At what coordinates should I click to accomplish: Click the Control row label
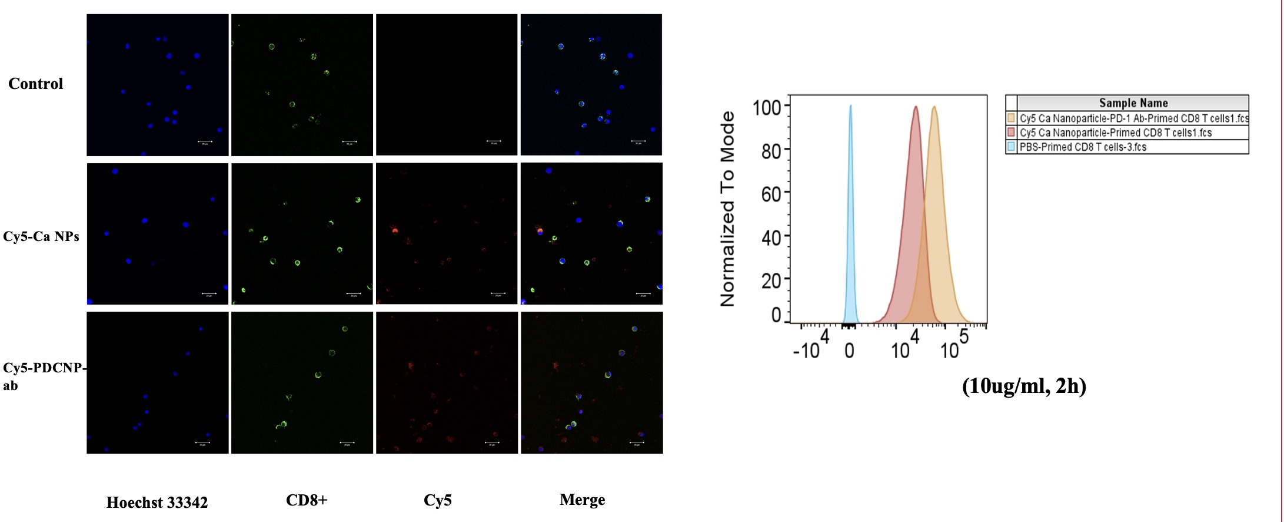coord(35,84)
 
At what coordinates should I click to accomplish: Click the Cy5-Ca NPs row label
coord(41,237)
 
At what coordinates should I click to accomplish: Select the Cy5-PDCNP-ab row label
coord(44,376)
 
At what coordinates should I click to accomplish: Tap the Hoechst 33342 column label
coord(157,503)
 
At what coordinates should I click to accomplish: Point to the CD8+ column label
coord(307,500)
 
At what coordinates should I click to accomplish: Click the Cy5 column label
coord(438,500)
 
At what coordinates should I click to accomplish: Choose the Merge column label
coord(582,500)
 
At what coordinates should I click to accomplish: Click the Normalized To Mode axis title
coord(728,209)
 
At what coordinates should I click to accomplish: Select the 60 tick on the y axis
coord(771,194)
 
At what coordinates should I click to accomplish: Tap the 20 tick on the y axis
coord(771,280)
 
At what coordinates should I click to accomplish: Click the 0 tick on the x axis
coord(849,351)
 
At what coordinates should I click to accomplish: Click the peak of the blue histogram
coord(850,107)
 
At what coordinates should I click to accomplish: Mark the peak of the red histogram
coord(916,107)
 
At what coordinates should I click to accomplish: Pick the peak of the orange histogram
coord(934,107)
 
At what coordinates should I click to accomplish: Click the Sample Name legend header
coord(1133,103)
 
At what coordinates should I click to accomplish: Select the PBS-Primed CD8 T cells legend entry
coord(1083,147)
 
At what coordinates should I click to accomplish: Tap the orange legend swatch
coord(1012,118)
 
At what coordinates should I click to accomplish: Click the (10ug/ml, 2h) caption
coord(1024,386)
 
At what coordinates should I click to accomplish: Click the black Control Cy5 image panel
coord(447,85)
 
